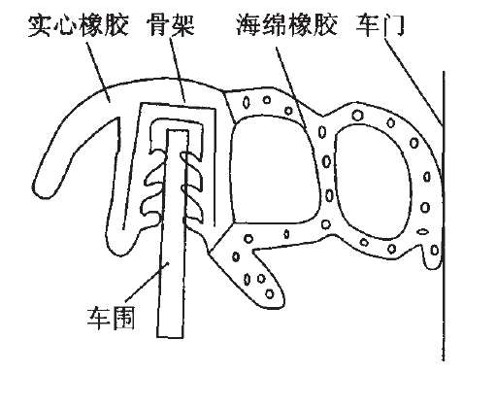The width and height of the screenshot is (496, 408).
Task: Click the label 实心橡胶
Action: [x=79, y=25]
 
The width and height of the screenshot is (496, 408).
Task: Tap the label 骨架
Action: [x=171, y=25]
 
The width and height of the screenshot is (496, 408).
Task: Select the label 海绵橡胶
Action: [x=286, y=25]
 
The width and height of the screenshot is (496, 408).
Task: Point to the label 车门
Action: [x=380, y=25]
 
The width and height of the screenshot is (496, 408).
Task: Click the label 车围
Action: [x=111, y=318]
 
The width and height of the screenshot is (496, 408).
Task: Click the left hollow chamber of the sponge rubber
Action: [x=275, y=170]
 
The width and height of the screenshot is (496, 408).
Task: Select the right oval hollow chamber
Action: [x=373, y=182]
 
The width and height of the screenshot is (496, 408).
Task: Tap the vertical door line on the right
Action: [x=444, y=216]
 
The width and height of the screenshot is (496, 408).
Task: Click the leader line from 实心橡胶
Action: [x=98, y=72]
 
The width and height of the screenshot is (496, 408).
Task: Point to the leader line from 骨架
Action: [x=177, y=70]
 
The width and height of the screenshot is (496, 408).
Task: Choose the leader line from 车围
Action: [x=147, y=282]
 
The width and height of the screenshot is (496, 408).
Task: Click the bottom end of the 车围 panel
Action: [x=170, y=337]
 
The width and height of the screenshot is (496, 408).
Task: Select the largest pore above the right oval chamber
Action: [x=357, y=115]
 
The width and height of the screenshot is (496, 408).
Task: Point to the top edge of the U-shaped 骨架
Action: [x=178, y=106]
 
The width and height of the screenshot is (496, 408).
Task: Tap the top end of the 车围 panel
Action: [x=178, y=130]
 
